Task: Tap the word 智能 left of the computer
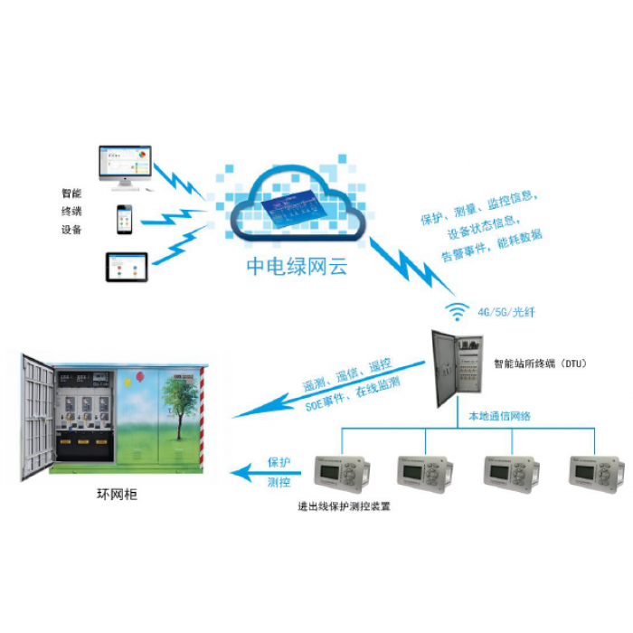(x=71, y=193)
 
